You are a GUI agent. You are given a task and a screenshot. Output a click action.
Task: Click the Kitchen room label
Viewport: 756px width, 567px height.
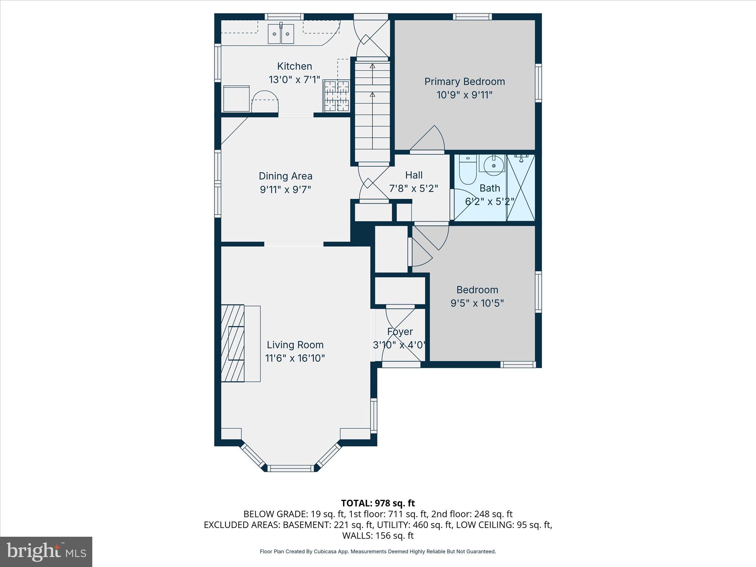(x=294, y=66)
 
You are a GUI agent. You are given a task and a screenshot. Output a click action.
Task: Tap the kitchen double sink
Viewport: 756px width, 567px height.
(x=281, y=34)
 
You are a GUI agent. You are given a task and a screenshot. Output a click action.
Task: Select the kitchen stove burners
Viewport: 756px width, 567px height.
(x=336, y=96)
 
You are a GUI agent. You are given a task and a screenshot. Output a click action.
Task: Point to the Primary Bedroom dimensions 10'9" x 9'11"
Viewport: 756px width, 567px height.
(x=464, y=95)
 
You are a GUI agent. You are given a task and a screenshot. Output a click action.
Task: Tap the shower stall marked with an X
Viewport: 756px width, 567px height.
(x=520, y=188)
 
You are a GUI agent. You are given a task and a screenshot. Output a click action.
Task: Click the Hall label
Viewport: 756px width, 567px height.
(x=413, y=175)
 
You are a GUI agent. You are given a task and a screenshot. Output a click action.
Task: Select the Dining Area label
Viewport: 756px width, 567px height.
(x=285, y=176)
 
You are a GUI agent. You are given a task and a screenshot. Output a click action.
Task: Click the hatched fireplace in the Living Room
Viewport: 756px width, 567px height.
(x=233, y=343)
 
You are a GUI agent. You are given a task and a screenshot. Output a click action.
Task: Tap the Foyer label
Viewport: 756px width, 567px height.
(x=400, y=332)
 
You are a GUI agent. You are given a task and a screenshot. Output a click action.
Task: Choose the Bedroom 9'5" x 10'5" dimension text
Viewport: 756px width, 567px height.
(x=477, y=303)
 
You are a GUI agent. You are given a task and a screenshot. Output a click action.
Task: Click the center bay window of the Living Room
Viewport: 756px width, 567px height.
(x=291, y=468)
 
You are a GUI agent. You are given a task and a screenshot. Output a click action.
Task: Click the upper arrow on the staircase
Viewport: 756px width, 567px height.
(x=372, y=66)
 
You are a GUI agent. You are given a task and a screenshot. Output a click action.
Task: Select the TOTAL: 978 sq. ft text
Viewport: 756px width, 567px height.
(x=378, y=503)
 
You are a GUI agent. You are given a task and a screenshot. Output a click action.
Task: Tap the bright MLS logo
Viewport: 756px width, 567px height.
(x=46, y=552)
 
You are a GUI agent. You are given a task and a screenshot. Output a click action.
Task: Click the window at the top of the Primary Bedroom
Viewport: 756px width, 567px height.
(x=472, y=17)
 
